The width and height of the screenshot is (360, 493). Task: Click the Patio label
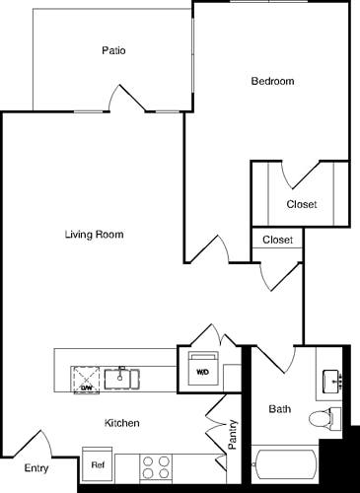(x=112, y=50)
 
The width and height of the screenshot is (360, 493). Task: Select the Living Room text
(x=94, y=235)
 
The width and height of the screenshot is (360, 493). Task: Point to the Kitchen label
(x=122, y=423)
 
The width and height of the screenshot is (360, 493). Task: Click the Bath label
(x=281, y=408)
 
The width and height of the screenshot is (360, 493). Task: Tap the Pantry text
(x=233, y=435)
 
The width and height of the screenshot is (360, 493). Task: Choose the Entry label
(x=36, y=468)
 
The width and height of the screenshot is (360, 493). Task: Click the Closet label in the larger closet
(x=301, y=204)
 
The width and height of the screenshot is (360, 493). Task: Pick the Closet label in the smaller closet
(x=277, y=239)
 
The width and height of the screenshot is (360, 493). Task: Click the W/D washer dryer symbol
(x=203, y=371)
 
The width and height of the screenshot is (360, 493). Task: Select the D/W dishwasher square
(x=86, y=377)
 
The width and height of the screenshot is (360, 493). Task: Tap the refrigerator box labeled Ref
(x=98, y=464)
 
